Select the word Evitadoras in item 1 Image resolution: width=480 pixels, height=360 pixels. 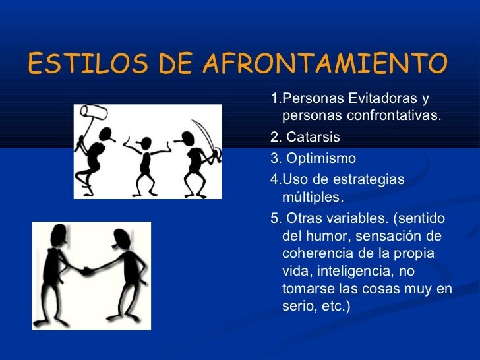coord(382,99)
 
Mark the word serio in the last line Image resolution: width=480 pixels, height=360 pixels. coord(298,307)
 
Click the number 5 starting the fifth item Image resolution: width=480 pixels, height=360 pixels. coord(274,219)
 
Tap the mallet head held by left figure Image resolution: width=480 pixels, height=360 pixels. coord(94,115)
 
